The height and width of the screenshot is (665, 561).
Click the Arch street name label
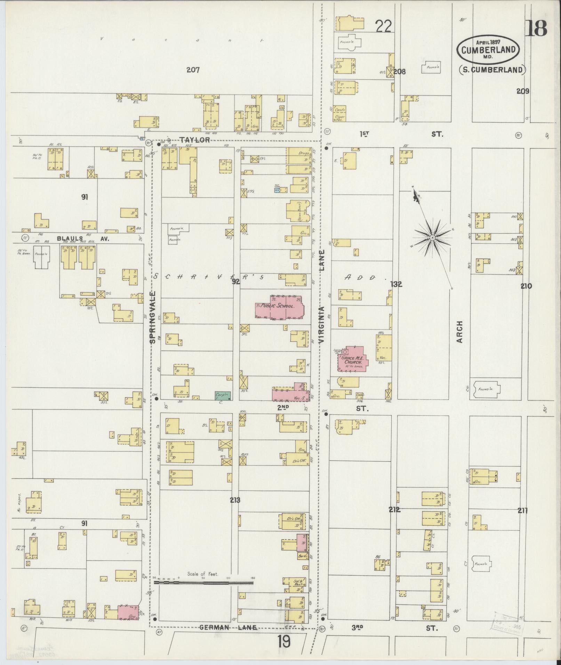(x=460, y=332)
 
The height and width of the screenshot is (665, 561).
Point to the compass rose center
(x=432, y=237)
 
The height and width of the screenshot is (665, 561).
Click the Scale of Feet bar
(x=203, y=583)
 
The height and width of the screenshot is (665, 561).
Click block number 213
(x=235, y=500)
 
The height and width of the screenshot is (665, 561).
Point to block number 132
(x=396, y=284)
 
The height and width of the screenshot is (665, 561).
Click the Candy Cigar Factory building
(x=340, y=113)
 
